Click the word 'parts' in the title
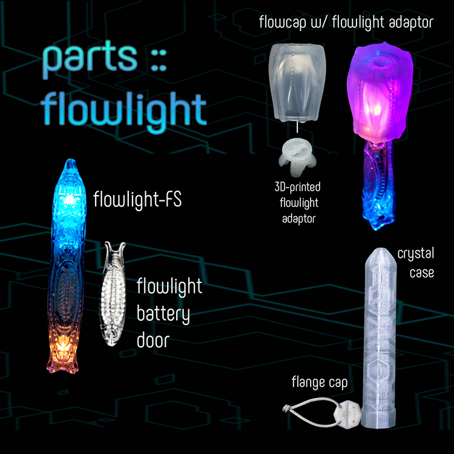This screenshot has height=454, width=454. click(89, 59)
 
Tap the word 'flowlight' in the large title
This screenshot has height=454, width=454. click(124, 111)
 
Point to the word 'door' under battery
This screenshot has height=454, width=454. click(153, 341)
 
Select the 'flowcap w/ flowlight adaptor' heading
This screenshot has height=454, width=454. click(346, 24)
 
